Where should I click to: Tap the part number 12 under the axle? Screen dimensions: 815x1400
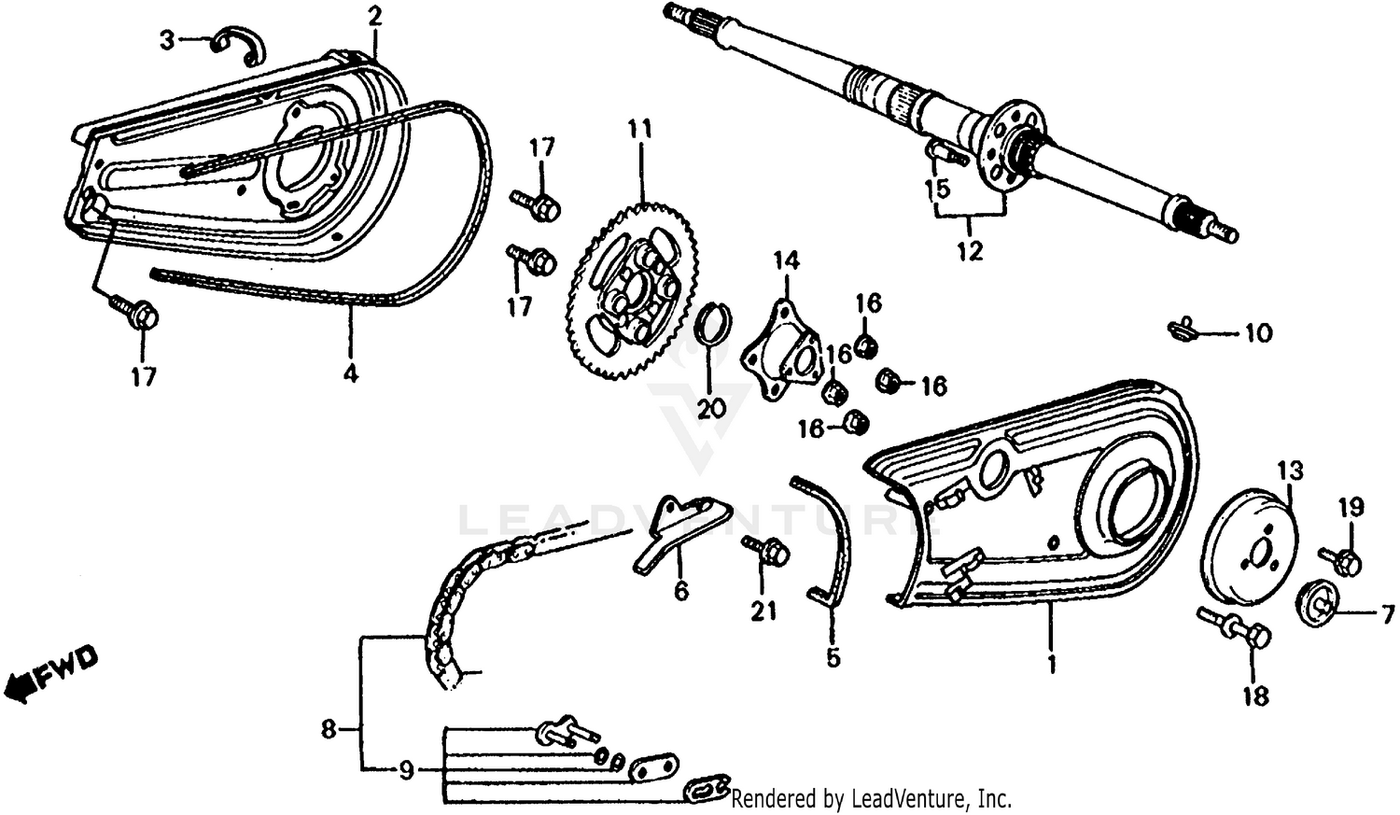click(970, 250)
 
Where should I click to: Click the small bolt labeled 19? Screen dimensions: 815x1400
click(1343, 560)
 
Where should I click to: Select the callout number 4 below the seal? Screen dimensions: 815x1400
click(349, 373)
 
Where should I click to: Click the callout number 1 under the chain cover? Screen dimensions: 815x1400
click(1051, 665)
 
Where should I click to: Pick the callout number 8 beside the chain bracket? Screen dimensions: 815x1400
click(329, 728)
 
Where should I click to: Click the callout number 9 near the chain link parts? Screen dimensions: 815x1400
click(406, 771)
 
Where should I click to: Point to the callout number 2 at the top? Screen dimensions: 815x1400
click(374, 15)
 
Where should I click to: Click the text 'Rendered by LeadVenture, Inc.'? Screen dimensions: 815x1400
click(871, 799)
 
